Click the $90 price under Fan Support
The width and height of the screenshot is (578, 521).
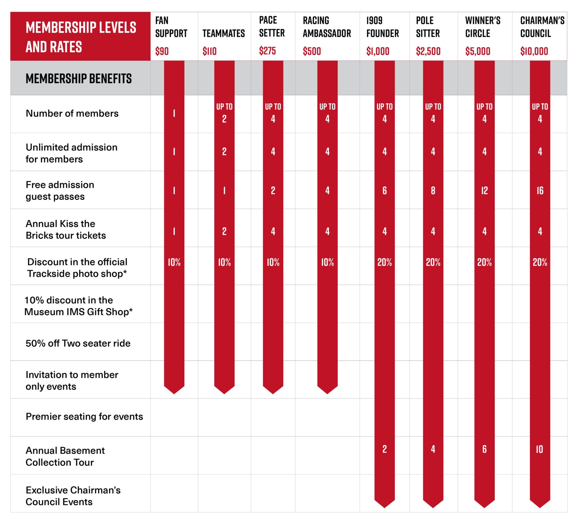point(162,51)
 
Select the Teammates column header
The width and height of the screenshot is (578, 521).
point(223,33)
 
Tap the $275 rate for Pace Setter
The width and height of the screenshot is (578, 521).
point(267,51)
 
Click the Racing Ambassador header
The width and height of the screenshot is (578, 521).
point(327,27)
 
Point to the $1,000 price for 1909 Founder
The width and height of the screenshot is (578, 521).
point(378,51)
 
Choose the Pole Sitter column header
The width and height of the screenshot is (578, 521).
point(428,27)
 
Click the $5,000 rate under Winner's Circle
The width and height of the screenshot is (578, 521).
point(478,51)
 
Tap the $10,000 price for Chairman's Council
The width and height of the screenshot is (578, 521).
point(534,51)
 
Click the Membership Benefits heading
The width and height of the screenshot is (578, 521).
point(79,79)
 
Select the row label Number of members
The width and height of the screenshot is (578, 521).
point(72,113)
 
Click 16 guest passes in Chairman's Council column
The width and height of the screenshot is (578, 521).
point(540,191)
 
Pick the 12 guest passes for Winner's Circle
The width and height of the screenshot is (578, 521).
point(485,191)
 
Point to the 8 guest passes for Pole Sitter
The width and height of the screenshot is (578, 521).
point(433,191)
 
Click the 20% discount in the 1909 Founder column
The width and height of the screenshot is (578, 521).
point(385,262)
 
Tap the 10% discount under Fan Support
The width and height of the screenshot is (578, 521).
point(174,262)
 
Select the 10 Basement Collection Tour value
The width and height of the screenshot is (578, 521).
point(540,449)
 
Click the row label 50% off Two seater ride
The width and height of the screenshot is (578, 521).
point(78,343)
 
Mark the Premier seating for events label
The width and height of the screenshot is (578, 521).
point(84,416)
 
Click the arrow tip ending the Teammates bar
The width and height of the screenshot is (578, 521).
point(224,394)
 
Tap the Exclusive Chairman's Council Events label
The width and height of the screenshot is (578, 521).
point(73,496)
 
